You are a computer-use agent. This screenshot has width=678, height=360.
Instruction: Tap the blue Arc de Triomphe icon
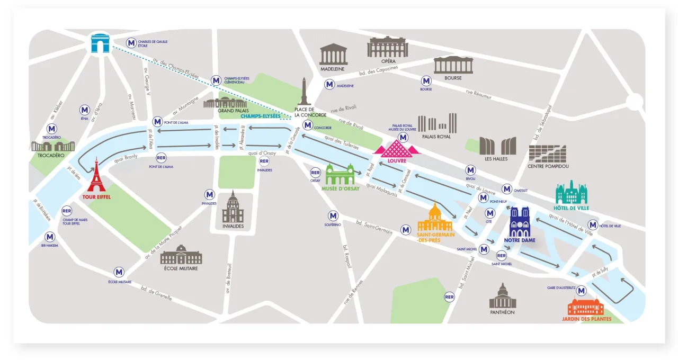click(100, 43)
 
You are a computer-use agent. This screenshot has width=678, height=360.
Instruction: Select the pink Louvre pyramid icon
click(397, 148)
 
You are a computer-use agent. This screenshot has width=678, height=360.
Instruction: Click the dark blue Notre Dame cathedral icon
click(519, 222)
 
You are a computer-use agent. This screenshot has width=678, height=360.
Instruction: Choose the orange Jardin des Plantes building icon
click(585, 307)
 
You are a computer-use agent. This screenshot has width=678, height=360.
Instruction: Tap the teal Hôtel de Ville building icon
click(572, 193)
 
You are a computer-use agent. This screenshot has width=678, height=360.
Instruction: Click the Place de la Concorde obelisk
click(304, 92)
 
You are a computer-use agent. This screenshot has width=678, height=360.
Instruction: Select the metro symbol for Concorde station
click(307, 126)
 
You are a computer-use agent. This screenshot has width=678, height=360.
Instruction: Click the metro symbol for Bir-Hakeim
click(50, 237)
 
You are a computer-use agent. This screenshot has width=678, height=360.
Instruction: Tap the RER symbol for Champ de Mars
click(67, 211)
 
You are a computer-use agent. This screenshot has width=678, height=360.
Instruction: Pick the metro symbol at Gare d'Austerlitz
click(582, 290)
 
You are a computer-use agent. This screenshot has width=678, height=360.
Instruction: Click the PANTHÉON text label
click(502, 312)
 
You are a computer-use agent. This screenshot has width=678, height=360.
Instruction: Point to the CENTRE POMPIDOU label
click(548, 166)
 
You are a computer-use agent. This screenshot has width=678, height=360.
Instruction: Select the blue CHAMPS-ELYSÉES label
click(260, 116)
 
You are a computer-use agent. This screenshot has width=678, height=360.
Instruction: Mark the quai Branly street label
click(126, 157)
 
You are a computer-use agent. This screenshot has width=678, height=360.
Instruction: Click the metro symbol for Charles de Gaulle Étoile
click(131, 43)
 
